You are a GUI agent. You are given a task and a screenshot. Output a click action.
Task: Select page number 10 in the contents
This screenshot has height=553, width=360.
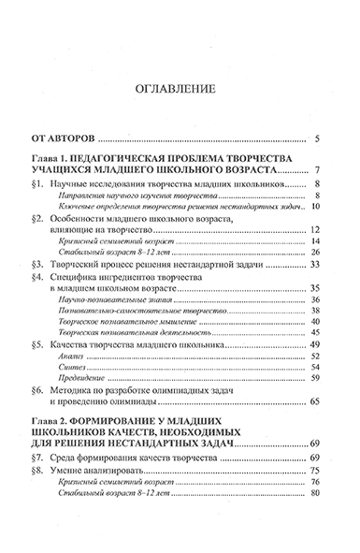pos(315,218)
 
